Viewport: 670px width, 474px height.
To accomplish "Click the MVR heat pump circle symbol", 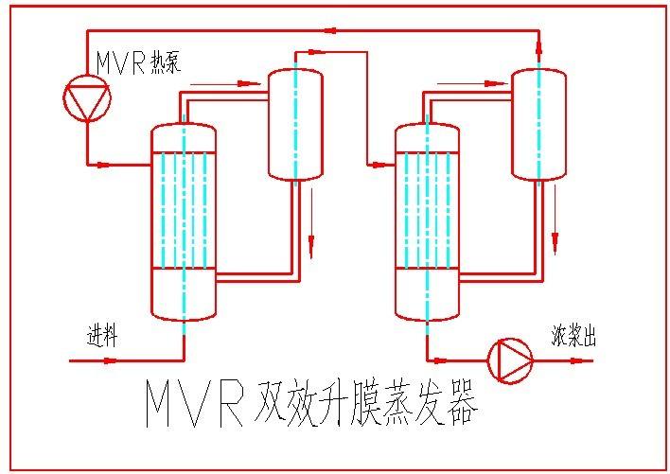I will (87, 97).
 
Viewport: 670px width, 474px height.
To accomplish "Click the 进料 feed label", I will (101, 336).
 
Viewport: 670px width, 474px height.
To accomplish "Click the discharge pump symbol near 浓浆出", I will (510, 360).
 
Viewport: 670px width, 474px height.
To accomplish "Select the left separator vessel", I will (295, 123).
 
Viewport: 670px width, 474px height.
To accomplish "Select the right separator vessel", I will (539, 123).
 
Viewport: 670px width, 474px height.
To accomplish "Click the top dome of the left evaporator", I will (184, 137).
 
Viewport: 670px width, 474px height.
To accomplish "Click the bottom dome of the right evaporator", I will (427, 307).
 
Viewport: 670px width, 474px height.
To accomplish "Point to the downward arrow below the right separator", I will (555, 232).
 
